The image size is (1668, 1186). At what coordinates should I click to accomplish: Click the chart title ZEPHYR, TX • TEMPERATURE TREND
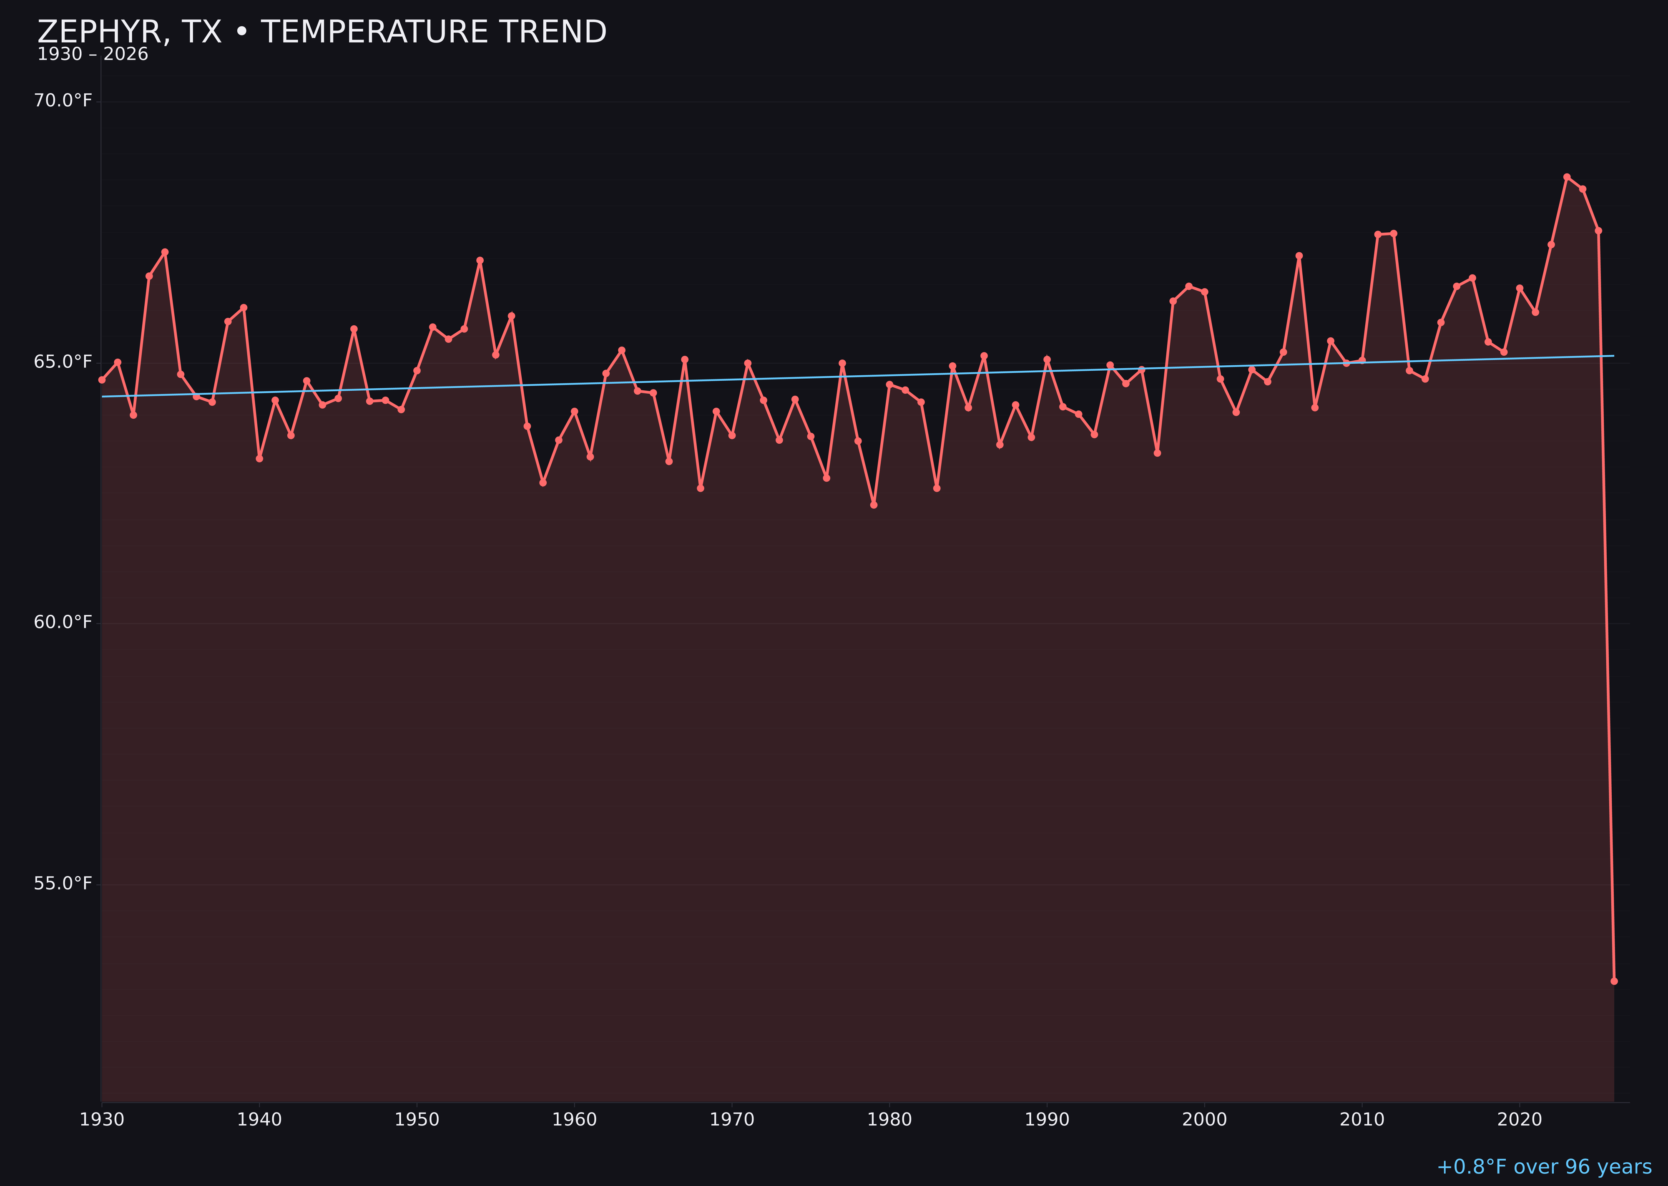pyautogui.click(x=322, y=32)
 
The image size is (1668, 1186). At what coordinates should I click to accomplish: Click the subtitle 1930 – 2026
pyautogui.click(x=93, y=55)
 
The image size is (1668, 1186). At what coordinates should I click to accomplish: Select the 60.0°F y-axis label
pyautogui.click(x=63, y=622)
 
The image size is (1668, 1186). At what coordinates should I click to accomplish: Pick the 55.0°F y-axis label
pyautogui.click(x=63, y=884)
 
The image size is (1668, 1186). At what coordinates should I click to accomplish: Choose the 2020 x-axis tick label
pyautogui.click(x=1520, y=1120)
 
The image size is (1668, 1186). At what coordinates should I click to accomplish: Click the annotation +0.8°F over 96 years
pyautogui.click(x=1544, y=1167)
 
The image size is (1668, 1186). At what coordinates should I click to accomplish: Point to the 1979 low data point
pyautogui.click(x=874, y=505)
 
